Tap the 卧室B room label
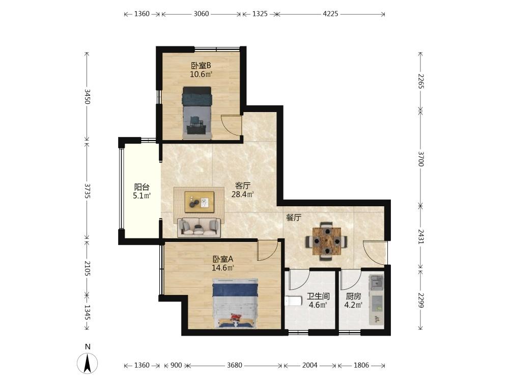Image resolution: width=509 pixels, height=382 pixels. (x=201, y=66)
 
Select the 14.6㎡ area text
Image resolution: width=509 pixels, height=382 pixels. (x=223, y=268)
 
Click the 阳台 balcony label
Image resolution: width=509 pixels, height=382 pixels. (x=142, y=187)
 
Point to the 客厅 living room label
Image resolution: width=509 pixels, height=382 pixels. (x=243, y=186)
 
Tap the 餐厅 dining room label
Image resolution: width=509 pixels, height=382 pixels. (x=294, y=217)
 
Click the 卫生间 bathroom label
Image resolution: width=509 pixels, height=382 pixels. (x=319, y=296)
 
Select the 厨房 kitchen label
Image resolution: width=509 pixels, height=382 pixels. (x=354, y=296)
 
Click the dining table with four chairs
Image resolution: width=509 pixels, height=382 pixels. (x=327, y=241)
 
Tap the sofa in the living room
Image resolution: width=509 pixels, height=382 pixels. (x=199, y=227)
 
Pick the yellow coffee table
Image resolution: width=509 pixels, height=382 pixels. (x=200, y=202)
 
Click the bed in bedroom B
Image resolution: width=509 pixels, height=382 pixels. (x=197, y=113)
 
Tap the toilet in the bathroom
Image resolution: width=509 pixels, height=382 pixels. (x=292, y=301)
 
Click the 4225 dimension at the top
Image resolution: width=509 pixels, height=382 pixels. (x=330, y=14)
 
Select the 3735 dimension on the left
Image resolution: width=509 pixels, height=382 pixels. (x=87, y=190)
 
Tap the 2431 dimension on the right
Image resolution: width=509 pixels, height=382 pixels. (x=421, y=236)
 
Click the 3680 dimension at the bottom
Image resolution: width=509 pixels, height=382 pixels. (x=234, y=365)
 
